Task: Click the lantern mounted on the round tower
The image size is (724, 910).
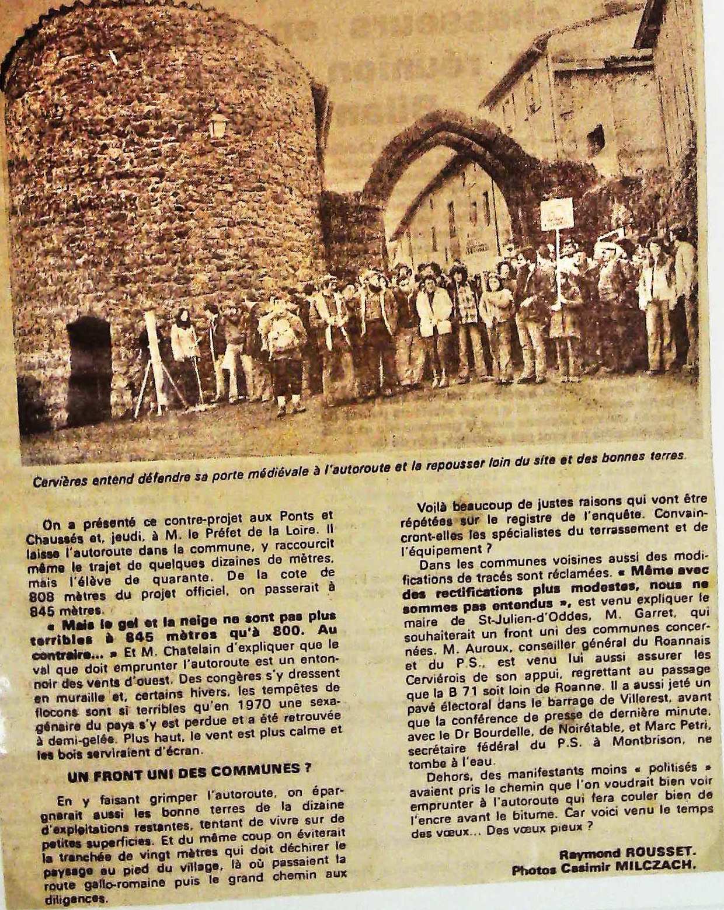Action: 218,124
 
